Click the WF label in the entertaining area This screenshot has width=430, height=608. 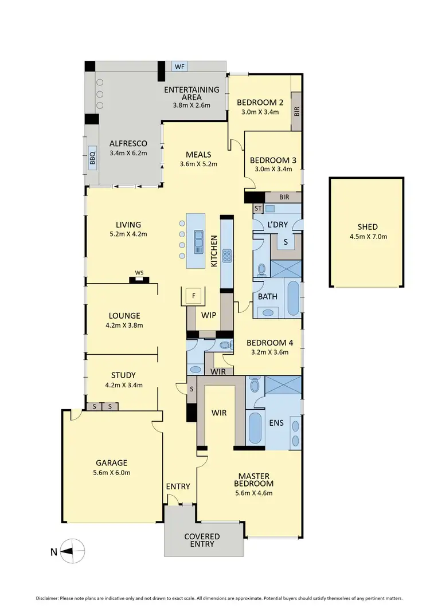(179, 66)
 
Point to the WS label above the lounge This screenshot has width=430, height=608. (139, 273)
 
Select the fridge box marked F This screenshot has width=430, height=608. (194, 296)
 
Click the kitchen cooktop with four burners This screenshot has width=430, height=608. (226, 255)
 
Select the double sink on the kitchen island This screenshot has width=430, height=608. (198, 241)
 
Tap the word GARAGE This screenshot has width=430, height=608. (112, 463)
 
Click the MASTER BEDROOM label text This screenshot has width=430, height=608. (253, 480)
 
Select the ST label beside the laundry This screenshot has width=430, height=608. (258, 209)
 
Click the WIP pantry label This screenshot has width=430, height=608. (208, 315)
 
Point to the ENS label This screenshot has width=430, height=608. (276, 423)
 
